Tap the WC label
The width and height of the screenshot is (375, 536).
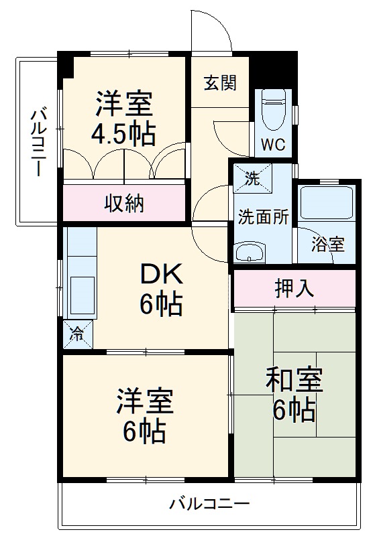[273, 143]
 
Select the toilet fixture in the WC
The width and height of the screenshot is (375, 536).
[273, 111]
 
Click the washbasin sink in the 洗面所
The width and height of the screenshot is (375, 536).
[250, 253]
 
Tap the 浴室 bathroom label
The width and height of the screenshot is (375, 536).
[329, 245]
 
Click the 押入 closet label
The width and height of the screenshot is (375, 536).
[294, 290]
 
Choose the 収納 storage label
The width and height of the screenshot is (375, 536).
[124, 203]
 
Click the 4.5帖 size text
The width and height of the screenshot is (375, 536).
[123, 133]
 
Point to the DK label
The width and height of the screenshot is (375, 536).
[161, 274]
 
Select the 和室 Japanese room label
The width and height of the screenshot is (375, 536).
[294, 381]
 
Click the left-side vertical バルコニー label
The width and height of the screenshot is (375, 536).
[38, 140]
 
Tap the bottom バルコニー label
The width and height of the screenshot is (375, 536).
[209, 504]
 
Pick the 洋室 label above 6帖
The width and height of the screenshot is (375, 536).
[145, 403]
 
